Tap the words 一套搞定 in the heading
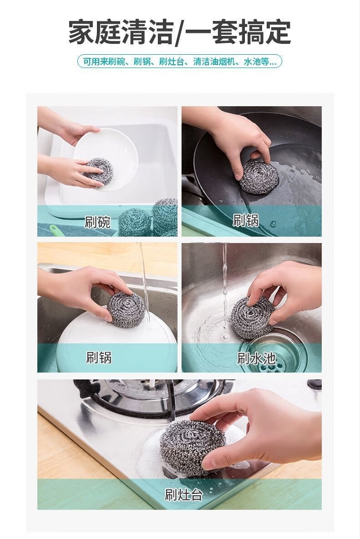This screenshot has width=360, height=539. click(x=238, y=32)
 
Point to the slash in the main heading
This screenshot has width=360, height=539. click(x=179, y=33)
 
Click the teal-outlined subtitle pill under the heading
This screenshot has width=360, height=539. click(x=180, y=61)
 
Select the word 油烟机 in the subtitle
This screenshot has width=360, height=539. click(x=225, y=62)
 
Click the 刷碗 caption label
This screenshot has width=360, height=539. click(x=97, y=222)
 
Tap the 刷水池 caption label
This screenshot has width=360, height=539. click(x=257, y=358)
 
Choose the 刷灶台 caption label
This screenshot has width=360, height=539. click(x=183, y=495)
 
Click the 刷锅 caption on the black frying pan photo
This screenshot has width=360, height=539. click(x=245, y=220)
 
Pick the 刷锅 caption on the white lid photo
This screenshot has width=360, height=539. click(x=99, y=357)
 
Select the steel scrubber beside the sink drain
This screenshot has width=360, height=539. click(x=252, y=318)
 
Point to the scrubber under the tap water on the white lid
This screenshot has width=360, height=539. click(x=126, y=306)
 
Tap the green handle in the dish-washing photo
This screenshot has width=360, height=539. click(x=55, y=229)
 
